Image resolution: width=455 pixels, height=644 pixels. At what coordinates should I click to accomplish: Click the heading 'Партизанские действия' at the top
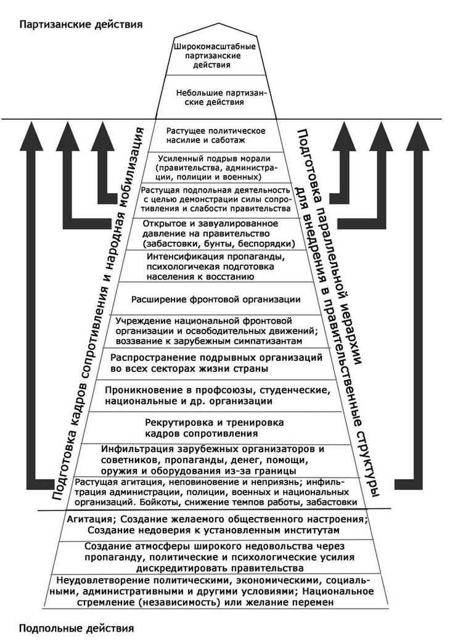tap(81, 24)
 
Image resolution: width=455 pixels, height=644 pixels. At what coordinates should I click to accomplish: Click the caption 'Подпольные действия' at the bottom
tap(77, 629)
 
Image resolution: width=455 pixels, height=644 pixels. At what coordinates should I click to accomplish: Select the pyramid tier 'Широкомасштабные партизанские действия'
tap(215, 56)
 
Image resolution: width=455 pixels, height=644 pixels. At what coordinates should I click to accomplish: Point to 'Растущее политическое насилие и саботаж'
tap(216, 136)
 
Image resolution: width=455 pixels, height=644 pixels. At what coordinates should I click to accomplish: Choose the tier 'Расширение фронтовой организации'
tap(216, 299)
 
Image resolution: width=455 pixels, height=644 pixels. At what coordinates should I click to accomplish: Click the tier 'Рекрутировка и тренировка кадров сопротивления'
tap(215, 428)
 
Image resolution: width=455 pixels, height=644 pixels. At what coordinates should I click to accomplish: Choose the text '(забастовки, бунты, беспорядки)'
tap(219, 244)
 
